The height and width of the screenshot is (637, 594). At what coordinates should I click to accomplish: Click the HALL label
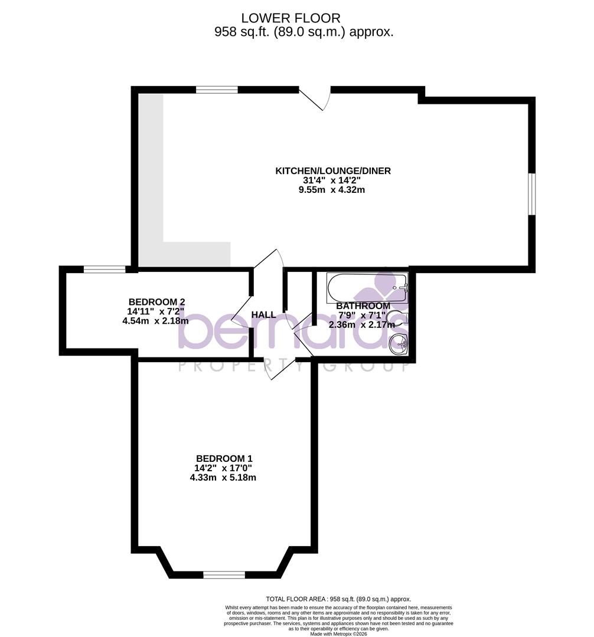(263, 315)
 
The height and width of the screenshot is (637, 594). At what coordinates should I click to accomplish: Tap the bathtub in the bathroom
(367, 287)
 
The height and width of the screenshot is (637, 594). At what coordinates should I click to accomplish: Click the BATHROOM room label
(363, 306)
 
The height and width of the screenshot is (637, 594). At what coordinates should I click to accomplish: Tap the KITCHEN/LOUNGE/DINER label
(333, 171)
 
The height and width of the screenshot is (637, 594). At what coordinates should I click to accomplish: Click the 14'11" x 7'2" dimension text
(156, 311)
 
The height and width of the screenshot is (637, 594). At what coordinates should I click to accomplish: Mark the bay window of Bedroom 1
(224, 574)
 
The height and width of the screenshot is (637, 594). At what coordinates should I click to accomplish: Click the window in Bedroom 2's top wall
(105, 270)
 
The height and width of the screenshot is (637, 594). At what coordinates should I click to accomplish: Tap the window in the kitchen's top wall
(217, 90)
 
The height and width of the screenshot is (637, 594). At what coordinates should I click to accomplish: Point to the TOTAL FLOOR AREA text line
(338, 599)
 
